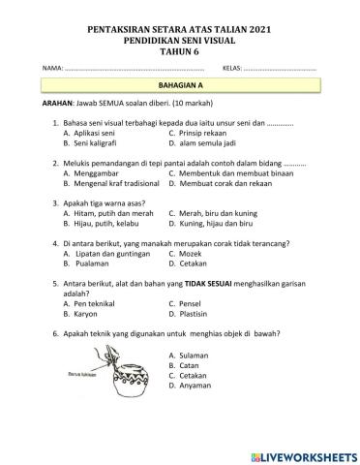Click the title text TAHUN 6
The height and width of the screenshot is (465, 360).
pyautogui.click(x=179, y=52)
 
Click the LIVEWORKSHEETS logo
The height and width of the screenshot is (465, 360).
pyautogui.click(x=303, y=455)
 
